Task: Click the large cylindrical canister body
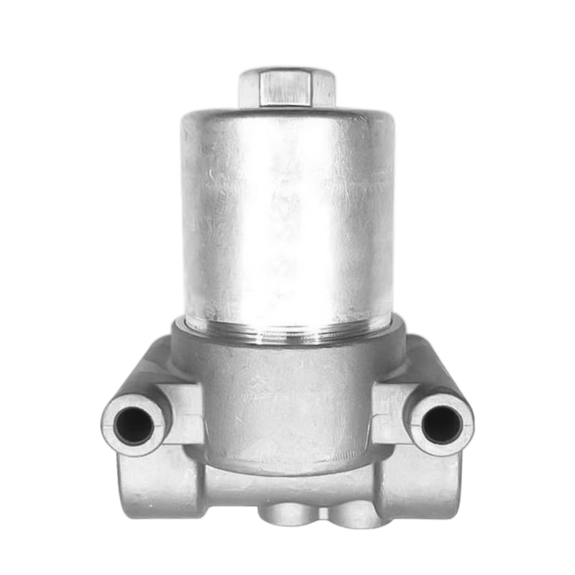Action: pos(287,216)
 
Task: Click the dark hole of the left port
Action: pos(134,424)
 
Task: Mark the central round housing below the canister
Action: pos(287,402)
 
